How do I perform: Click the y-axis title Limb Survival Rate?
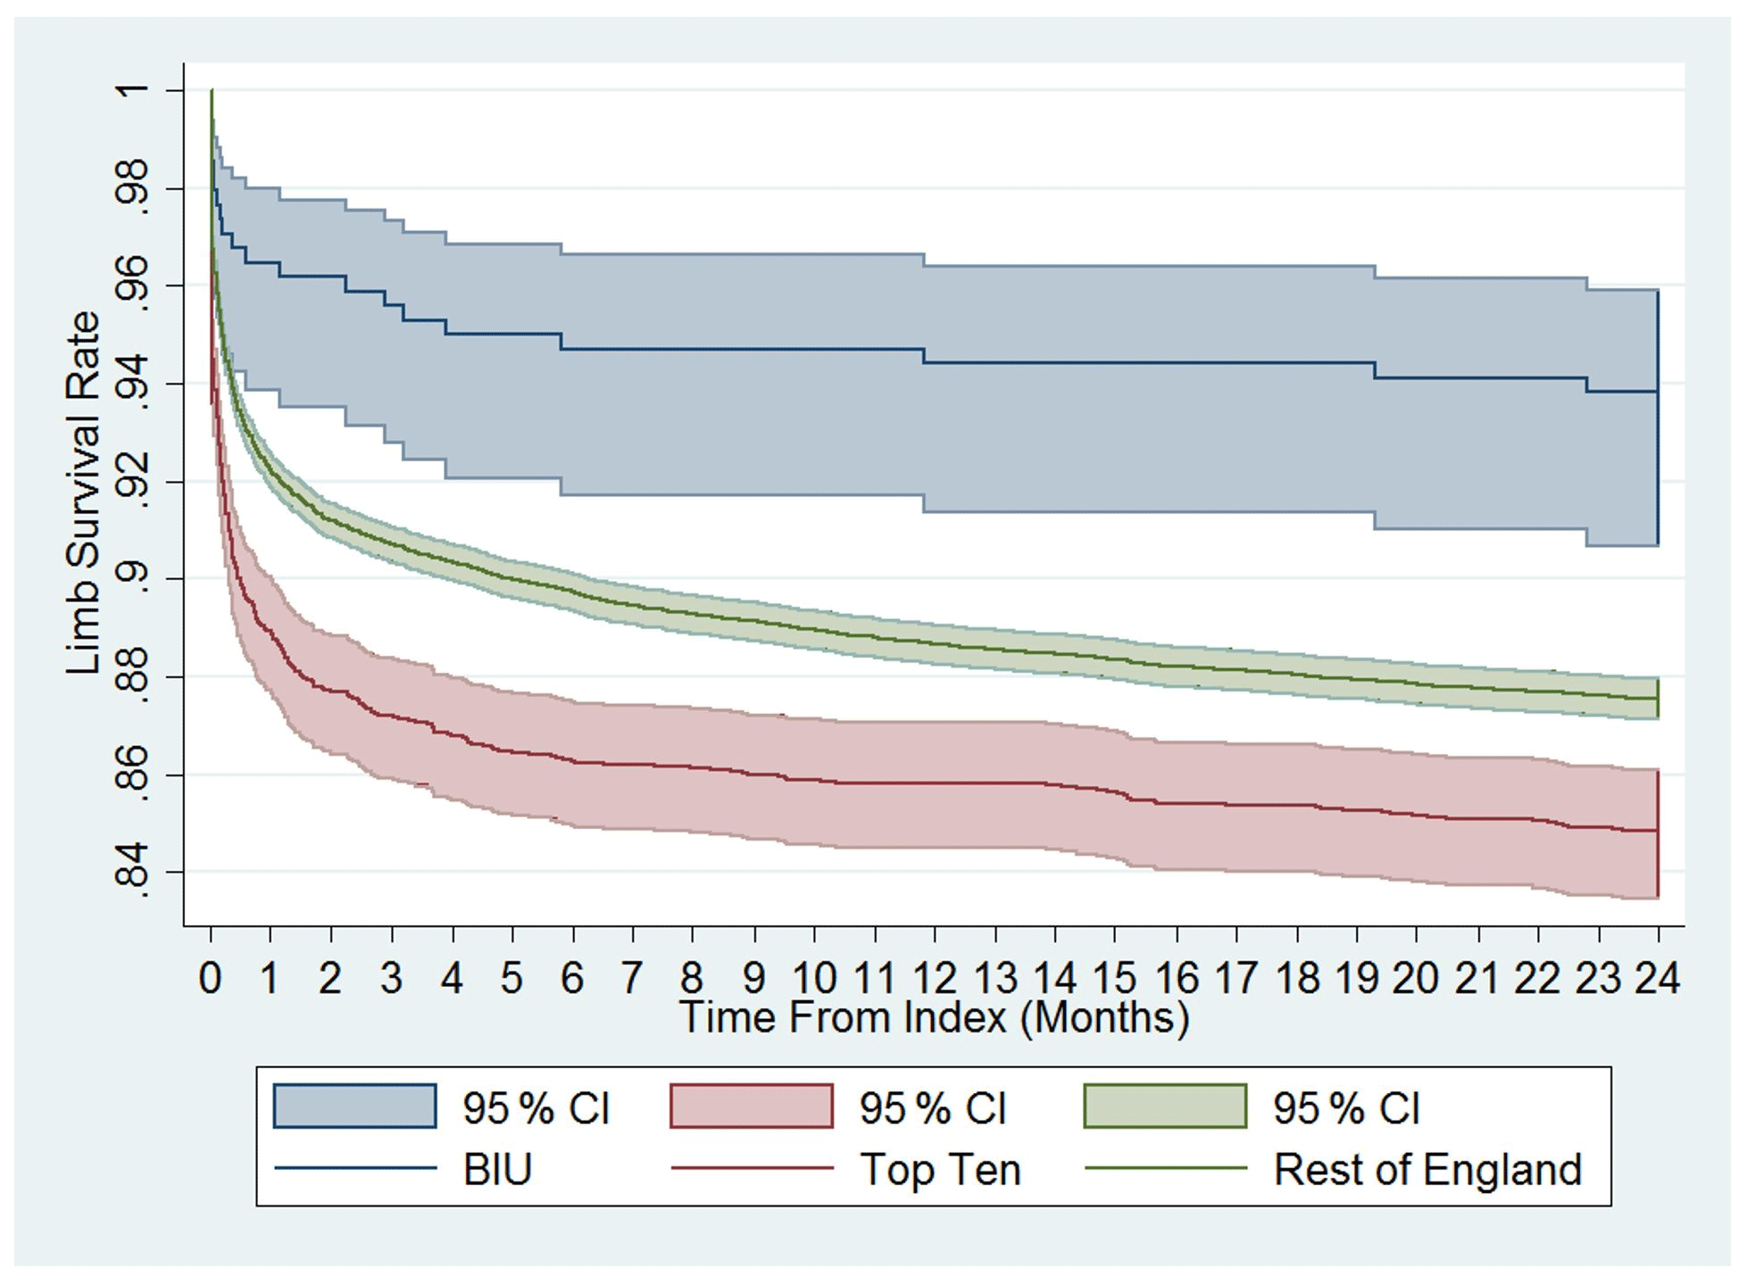click(x=82, y=493)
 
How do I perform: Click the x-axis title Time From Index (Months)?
click(x=934, y=1017)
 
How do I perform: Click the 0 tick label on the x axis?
click(x=211, y=978)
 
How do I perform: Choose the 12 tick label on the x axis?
click(x=935, y=978)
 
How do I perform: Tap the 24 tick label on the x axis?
click(x=1658, y=978)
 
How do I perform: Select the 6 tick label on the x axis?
click(x=572, y=978)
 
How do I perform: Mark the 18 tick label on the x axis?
click(x=1296, y=978)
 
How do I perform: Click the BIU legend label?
click(x=497, y=1169)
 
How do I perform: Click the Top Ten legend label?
click(x=940, y=1169)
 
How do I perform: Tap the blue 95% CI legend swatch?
click(x=355, y=1106)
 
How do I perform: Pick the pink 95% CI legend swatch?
click(x=751, y=1106)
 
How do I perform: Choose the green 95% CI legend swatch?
click(x=1165, y=1106)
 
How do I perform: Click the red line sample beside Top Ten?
click(x=751, y=1168)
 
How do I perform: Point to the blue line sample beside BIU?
click(x=355, y=1168)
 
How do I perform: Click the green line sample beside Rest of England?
click(x=1165, y=1168)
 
